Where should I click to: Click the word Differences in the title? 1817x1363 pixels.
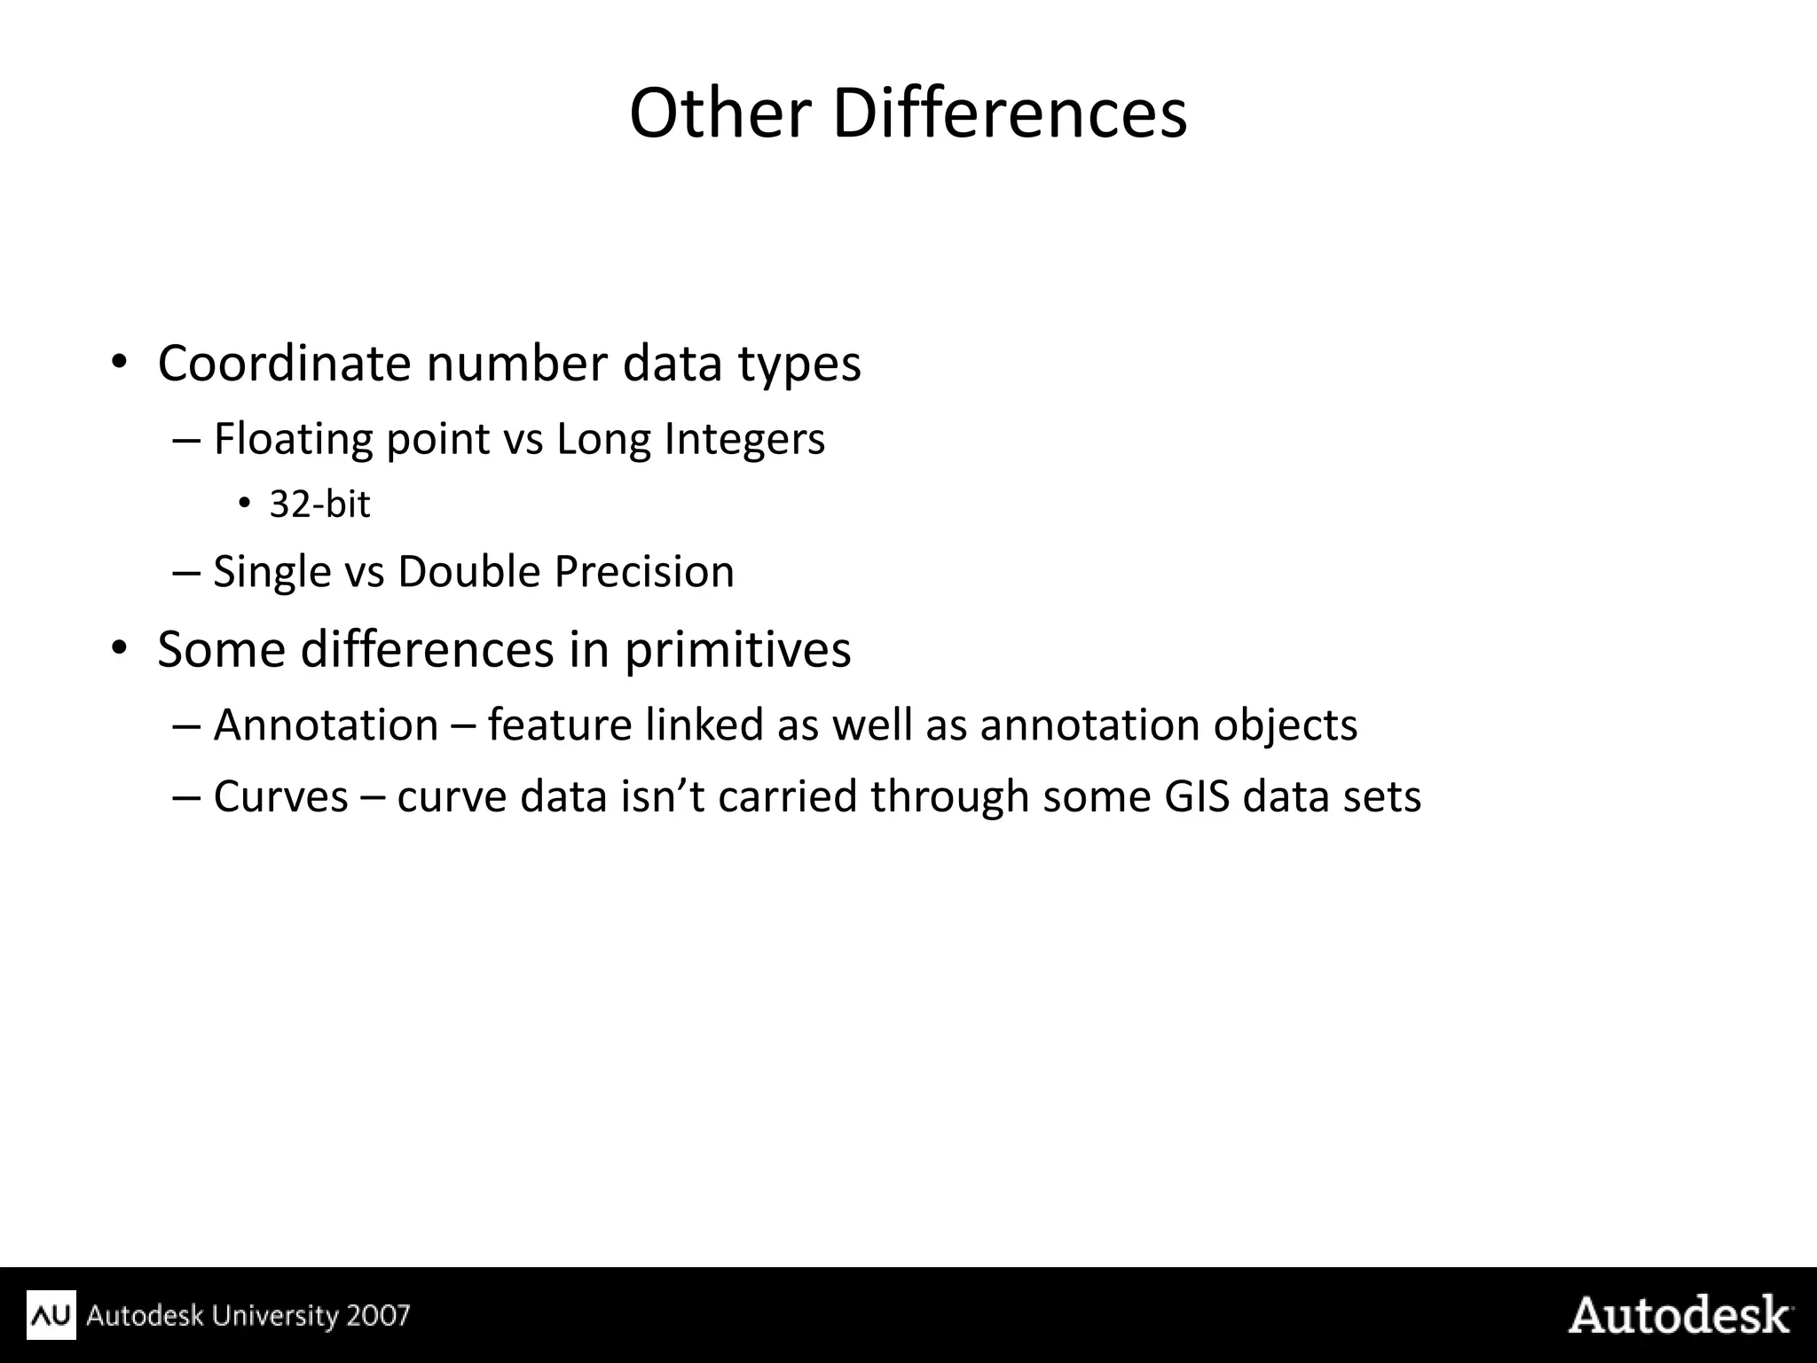pos(1009,114)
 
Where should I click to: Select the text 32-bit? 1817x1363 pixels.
pos(319,505)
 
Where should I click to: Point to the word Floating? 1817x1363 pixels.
pos(293,440)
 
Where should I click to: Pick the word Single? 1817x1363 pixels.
pos(271,572)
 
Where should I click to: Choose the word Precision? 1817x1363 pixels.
pos(644,572)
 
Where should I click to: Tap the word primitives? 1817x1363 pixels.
pos(737,650)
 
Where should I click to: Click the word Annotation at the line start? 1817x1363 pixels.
pos(326,725)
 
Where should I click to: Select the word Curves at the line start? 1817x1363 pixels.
pos(280,796)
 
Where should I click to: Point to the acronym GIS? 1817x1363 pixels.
pos(1196,796)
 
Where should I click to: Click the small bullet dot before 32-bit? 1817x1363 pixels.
pos(244,504)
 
